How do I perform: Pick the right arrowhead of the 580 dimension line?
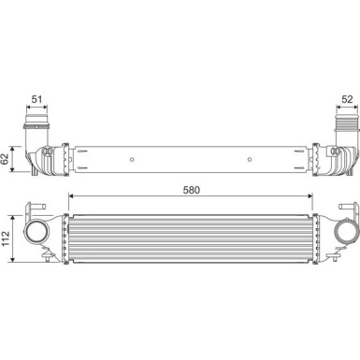311,196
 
